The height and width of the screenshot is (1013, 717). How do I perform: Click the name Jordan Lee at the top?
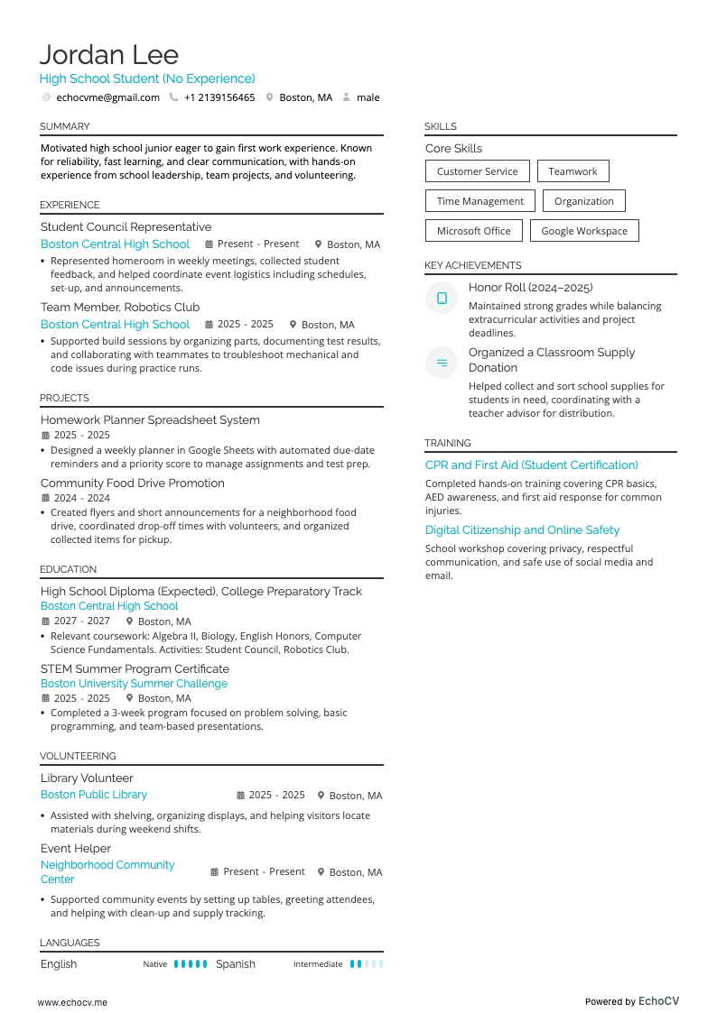(x=108, y=55)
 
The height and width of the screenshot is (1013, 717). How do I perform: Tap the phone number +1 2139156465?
(x=219, y=97)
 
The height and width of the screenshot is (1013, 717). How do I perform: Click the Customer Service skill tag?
(x=477, y=171)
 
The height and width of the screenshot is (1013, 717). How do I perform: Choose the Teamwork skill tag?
(x=573, y=171)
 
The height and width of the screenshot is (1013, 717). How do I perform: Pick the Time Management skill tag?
(x=480, y=201)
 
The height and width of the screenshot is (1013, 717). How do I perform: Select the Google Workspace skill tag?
(x=584, y=231)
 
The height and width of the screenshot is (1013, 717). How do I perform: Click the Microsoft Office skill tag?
(x=473, y=231)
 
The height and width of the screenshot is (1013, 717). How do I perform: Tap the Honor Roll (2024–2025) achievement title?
(x=530, y=288)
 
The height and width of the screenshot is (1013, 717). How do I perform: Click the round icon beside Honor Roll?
(x=442, y=298)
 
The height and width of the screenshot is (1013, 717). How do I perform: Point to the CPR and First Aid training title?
(x=531, y=465)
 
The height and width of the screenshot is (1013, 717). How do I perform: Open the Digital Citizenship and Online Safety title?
(x=522, y=530)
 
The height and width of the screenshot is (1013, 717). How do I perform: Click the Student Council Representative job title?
(x=126, y=227)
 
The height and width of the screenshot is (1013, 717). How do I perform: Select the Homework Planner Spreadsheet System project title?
(x=150, y=420)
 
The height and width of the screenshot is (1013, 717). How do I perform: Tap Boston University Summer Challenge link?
(x=134, y=684)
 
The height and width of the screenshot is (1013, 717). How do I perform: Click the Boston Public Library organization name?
(x=94, y=795)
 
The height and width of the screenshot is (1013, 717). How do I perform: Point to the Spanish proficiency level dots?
(x=367, y=964)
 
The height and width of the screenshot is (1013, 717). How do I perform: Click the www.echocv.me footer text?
(x=72, y=1002)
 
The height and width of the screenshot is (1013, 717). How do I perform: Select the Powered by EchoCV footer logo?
(x=631, y=1001)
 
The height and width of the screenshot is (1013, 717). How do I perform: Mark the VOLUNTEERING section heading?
(x=78, y=756)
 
